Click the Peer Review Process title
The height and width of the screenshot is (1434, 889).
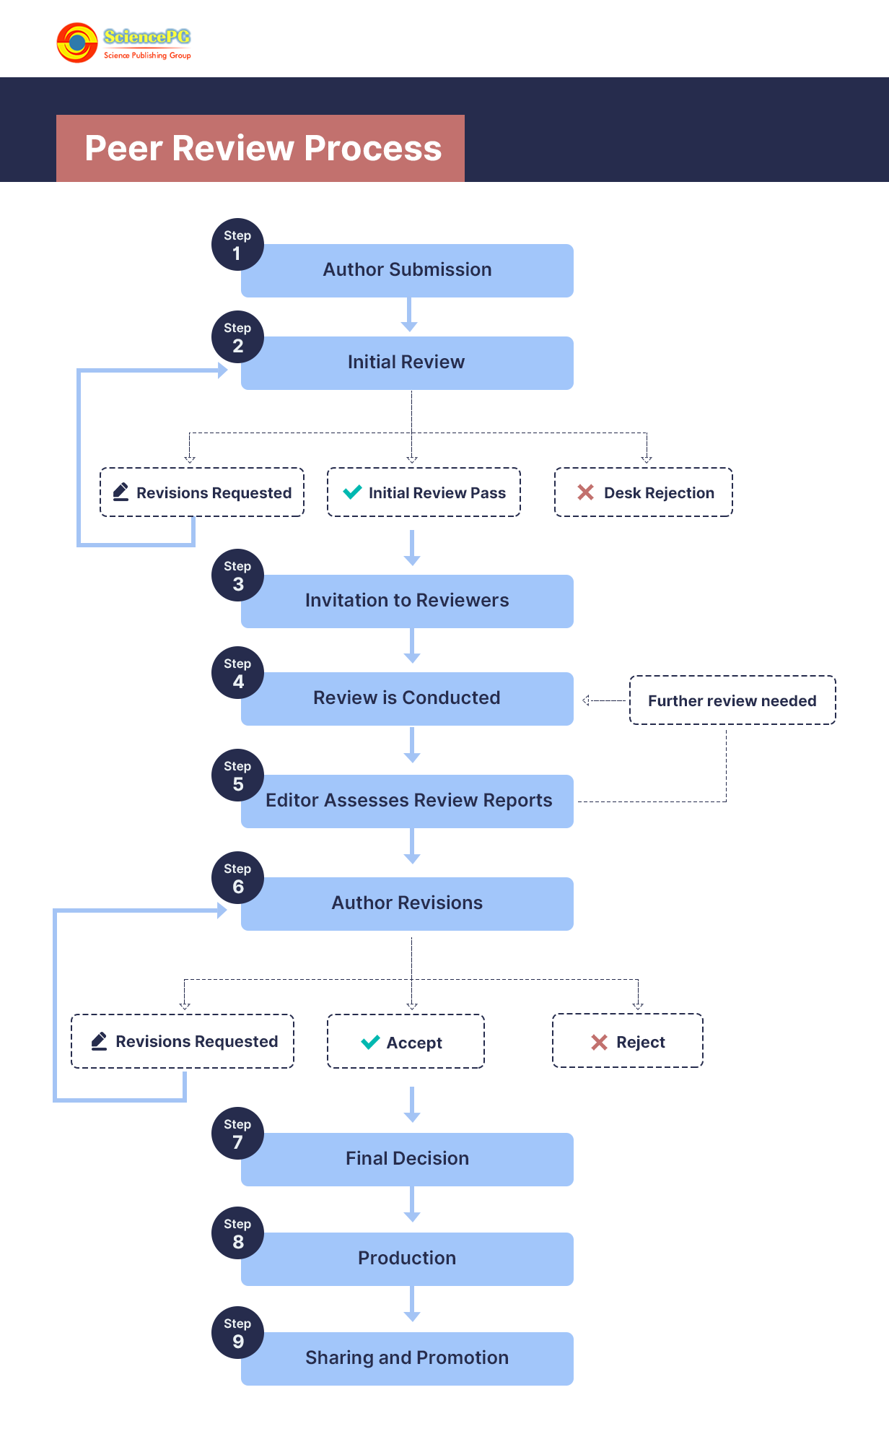[263, 148]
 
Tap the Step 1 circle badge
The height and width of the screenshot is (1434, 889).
[237, 245]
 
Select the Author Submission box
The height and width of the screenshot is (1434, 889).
[408, 271]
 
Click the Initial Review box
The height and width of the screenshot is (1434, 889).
[408, 363]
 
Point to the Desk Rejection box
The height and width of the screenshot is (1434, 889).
[644, 492]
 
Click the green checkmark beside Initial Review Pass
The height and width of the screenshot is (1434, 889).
[353, 492]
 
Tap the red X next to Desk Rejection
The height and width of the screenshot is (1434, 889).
[585, 492]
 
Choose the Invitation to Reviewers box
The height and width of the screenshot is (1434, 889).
[408, 601]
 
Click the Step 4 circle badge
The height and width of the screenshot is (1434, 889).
[237, 673]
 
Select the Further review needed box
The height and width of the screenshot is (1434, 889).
[732, 700]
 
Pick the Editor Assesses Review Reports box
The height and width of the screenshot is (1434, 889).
[408, 801]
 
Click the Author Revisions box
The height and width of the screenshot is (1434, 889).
[408, 904]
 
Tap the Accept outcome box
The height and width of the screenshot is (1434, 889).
[406, 1042]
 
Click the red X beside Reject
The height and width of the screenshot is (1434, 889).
[599, 1042]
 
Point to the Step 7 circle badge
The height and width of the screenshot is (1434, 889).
[237, 1134]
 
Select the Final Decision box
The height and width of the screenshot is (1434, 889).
[408, 1160]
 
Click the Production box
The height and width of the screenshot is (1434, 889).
[408, 1259]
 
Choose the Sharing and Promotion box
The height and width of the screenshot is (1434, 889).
[408, 1359]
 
